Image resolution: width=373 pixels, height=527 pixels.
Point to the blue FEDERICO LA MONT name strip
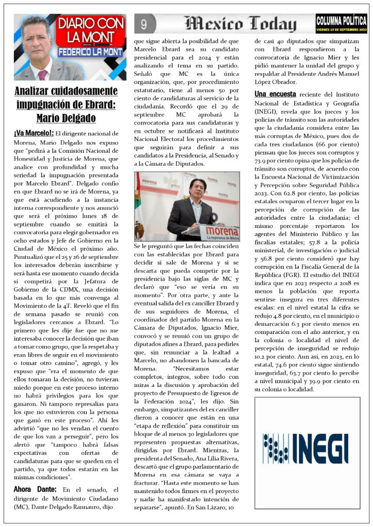click(x=91, y=52)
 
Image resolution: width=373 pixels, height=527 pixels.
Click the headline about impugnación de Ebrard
click(x=65, y=104)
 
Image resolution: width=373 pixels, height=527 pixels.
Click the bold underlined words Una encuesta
click(x=275, y=94)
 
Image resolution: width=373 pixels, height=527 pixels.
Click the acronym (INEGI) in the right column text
click(x=268, y=111)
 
